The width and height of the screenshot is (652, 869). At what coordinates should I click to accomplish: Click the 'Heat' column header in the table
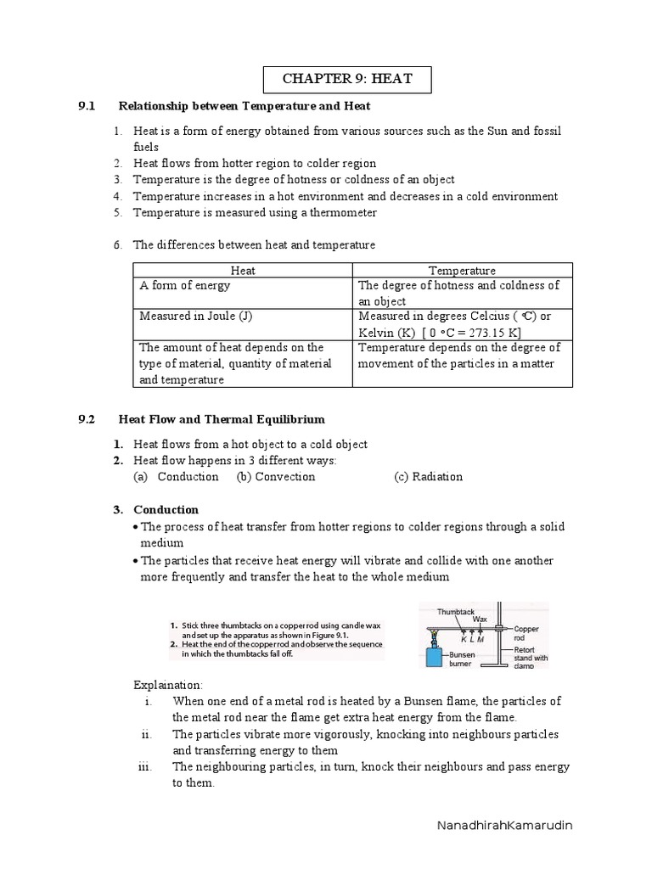pos(243,271)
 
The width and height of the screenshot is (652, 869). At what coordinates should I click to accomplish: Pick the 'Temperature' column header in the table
pos(462,271)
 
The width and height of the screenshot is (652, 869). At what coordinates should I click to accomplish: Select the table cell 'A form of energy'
pos(184,286)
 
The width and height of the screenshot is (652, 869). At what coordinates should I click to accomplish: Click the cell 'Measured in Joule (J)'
pos(196,317)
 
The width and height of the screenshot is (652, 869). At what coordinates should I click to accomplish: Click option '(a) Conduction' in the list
pos(176,477)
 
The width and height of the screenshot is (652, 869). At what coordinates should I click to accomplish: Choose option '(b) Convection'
pos(276,477)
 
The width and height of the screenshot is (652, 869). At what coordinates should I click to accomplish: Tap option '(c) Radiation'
pos(428,477)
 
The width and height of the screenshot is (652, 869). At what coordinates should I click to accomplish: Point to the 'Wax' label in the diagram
pos(481,620)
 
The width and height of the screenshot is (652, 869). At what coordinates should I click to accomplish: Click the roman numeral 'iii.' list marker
pos(143,767)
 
